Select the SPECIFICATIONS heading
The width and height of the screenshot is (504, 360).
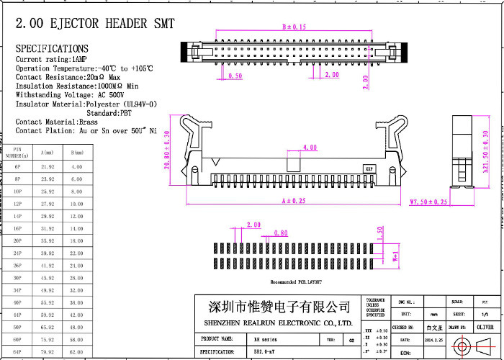[53, 48]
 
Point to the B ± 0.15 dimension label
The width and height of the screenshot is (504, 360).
[294, 27]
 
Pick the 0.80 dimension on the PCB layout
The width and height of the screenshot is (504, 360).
[280, 233]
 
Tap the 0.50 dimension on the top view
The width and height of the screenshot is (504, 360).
[235, 76]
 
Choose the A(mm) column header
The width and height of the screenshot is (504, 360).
[48, 153]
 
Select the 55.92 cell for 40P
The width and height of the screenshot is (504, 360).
[48, 302]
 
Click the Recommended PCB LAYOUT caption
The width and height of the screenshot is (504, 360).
[296, 282]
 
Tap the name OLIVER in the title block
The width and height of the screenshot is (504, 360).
[485, 326]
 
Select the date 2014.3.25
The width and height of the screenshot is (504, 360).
[434, 338]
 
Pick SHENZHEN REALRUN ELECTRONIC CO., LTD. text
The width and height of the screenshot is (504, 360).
[278, 323]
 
